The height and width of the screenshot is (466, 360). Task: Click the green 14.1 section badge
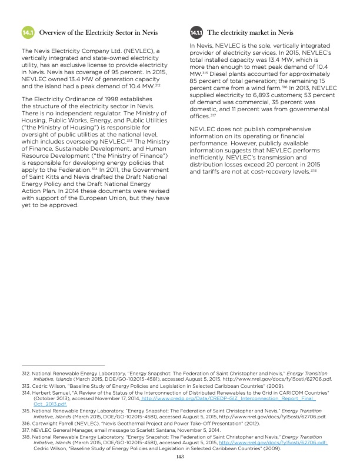click(27, 33)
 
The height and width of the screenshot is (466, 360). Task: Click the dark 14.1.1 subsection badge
click(196, 33)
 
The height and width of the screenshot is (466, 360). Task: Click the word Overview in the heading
click(55, 33)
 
